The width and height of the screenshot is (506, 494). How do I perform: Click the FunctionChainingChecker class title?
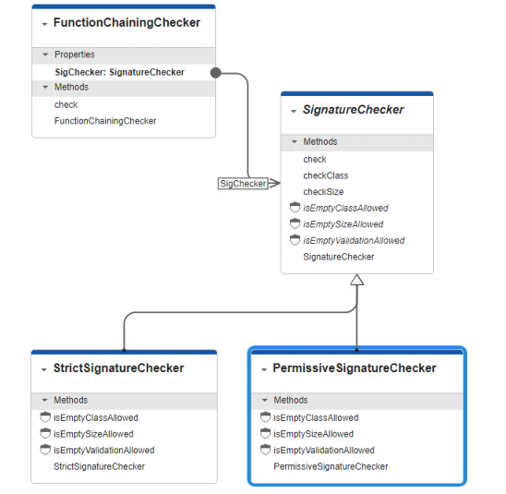pyautogui.click(x=126, y=23)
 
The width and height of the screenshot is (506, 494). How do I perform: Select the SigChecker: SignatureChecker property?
pyautogui.click(x=119, y=72)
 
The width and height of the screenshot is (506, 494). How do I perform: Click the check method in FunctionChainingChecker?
pyautogui.click(x=66, y=104)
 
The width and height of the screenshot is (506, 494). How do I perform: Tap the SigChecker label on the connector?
pyautogui.click(x=243, y=184)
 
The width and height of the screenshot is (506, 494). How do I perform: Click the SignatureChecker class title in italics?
pyautogui.click(x=353, y=110)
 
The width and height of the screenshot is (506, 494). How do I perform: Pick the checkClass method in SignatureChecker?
pyautogui.click(x=325, y=175)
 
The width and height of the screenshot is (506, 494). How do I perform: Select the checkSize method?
pyautogui.click(x=323, y=192)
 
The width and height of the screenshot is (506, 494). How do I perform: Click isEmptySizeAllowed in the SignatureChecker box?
pyautogui.click(x=343, y=224)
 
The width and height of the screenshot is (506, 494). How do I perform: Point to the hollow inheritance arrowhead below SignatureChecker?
pyautogui.click(x=357, y=280)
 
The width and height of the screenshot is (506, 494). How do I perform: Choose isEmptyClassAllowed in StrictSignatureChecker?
pyautogui.click(x=95, y=417)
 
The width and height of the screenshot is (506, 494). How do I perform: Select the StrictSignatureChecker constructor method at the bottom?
pyautogui.click(x=99, y=466)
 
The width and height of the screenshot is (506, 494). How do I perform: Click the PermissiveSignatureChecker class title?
pyautogui.click(x=354, y=368)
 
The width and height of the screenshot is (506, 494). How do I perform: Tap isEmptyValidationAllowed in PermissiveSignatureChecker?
pyautogui.click(x=323, y=451)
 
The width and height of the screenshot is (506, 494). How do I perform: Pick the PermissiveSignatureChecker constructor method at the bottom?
pyautogui.click(x=331, y=466)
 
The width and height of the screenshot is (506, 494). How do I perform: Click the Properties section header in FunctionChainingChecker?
pyautogui.click(x=74, y=54)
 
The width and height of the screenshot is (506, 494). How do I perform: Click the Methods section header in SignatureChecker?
pyautogui.click(x=319, y=142)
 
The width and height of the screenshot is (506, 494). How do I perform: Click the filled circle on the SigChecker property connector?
pyautogui.click(x=216, y=72)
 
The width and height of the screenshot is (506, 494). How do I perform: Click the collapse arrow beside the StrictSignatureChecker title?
pyautogui.click(x=44, y=369)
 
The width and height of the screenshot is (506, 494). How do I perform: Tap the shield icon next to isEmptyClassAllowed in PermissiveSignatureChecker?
pyautogui.click(x=265, y=417)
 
